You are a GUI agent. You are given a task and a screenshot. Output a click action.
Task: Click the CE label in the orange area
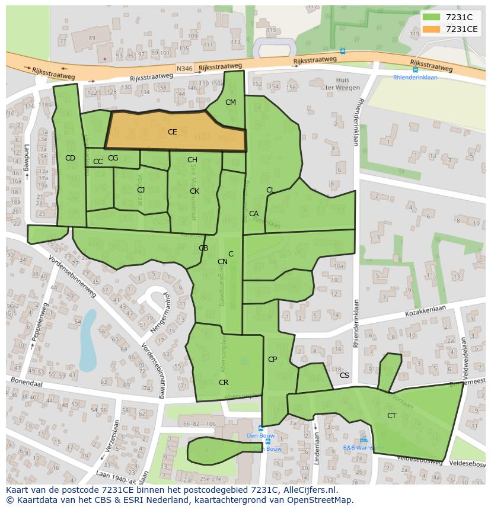pyautogui.click(x=172, y=132)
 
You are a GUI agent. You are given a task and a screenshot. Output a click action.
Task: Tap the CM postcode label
pyautogui.click(x=231, y=102)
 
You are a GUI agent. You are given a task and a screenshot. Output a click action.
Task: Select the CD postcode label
pyautogui.click(x=70, y=158)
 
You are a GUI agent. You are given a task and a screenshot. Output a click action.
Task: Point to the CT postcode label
pyautogui.click(x=391, y=416)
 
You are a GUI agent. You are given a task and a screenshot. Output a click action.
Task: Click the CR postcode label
pyautogui.click(x=223, y=383)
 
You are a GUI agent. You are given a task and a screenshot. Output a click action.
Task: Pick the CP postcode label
pyautogui.click(x=272, y=360)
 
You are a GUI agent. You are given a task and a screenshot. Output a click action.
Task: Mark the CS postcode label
pyautogui.click(x=344, y=376)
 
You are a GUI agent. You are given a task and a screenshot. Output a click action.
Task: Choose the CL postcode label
pyautogui.click(x=270, y=190)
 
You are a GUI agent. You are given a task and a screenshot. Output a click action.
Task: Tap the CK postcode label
pyautogui.click(x=194, y=191)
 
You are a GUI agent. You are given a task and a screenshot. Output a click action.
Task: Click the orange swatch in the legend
pyautogui.click(x=431, y=28)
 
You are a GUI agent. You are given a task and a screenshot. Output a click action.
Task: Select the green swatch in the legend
pyautogui.click(x=431, y=17)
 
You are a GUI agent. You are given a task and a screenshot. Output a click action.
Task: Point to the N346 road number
pyautogui.click(x=184, y=69)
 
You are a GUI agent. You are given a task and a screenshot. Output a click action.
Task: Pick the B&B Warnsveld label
pyautogui.click(x=363, y=448)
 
